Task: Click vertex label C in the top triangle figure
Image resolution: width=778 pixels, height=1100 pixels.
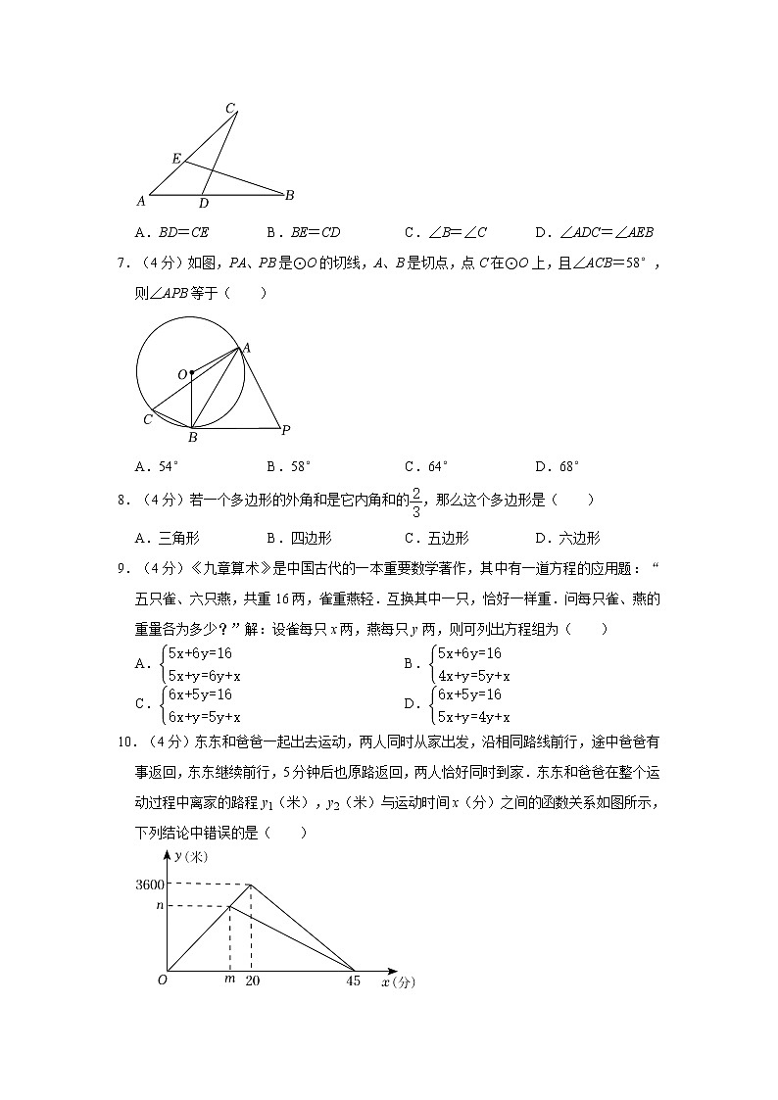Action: [230, 108]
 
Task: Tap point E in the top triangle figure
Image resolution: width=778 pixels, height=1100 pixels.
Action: [176, 159]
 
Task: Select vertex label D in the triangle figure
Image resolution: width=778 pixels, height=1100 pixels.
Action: [203, 204]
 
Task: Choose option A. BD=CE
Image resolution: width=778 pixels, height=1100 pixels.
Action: [171, 233]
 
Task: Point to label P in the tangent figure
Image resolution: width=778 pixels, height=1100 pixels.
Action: [285, 429]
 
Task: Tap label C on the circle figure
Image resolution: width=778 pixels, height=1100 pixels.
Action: [146, 419]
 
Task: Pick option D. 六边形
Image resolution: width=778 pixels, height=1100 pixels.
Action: [567, 538]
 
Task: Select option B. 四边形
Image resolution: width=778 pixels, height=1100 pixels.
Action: [299, 538]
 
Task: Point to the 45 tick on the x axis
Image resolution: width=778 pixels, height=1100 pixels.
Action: [355, 980]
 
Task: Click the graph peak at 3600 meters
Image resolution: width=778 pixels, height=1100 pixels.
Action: [252, 885]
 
